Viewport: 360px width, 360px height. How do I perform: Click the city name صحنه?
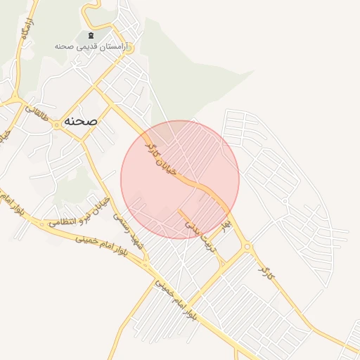tap(79, 121)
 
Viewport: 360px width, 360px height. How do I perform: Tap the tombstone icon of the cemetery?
tap(91, 35)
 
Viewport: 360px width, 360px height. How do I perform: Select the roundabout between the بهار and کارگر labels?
tap(247, 246)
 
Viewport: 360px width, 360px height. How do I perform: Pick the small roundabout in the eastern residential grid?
tap(285, 201)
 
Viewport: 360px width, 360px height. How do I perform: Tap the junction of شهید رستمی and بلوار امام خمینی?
tap(146, 265)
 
